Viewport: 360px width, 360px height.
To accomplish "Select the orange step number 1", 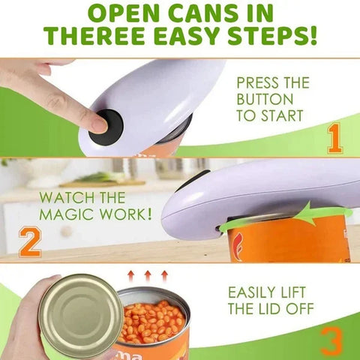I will coord(334,138).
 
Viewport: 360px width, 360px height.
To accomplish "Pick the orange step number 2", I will coord(29,242).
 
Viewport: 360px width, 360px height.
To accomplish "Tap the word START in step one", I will coord(283,115).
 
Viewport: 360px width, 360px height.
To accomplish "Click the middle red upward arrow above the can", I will coord(147,276).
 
